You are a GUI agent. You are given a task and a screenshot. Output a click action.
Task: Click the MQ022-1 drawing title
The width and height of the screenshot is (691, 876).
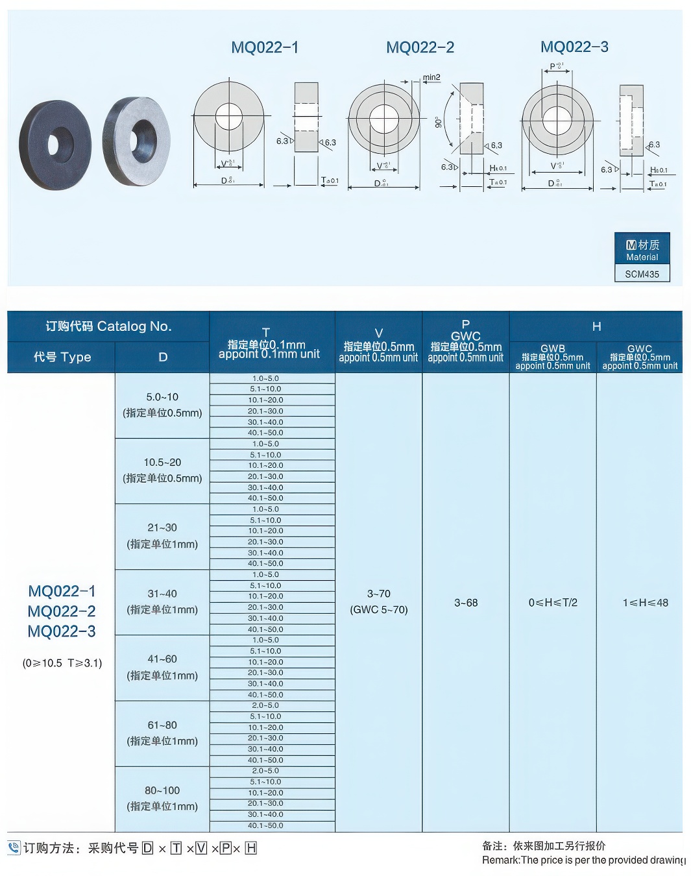pos(265,47)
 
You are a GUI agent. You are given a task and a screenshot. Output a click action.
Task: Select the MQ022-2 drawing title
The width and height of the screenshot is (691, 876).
pos(420,47)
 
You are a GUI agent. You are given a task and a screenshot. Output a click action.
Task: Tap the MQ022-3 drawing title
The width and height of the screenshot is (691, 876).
pos(574,47)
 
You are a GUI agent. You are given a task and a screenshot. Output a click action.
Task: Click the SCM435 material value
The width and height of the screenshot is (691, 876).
pos(642,274)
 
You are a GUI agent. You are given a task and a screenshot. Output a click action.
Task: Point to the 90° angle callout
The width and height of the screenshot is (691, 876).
pos(439,122)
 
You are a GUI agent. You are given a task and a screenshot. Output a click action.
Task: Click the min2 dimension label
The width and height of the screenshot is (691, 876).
pos(431,77)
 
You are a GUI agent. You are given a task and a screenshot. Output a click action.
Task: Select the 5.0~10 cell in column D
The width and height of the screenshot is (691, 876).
pos(162,397)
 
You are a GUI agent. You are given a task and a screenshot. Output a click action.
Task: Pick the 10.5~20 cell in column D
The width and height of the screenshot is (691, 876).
pos(162,463)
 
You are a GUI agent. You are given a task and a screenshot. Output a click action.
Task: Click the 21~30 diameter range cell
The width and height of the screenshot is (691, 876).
pos(162,528)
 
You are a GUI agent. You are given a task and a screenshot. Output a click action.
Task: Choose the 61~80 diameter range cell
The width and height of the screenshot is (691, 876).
pos(162,725)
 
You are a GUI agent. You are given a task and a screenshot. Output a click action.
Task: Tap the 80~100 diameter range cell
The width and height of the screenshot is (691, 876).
pos(162,791)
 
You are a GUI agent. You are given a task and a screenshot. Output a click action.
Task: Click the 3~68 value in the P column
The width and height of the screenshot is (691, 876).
pos(466,603)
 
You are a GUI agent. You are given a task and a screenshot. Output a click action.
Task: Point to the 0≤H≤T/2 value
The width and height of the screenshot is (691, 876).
pos(553,603)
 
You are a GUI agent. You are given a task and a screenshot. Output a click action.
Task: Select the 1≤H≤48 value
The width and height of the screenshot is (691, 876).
pos(645,603)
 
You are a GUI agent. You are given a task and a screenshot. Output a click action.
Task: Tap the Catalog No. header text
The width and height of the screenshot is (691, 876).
pos(108,326)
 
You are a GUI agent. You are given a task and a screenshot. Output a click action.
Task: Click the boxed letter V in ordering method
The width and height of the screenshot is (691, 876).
pos(201,848)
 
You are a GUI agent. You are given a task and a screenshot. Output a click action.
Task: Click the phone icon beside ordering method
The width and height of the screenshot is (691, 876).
pos(14,848)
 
